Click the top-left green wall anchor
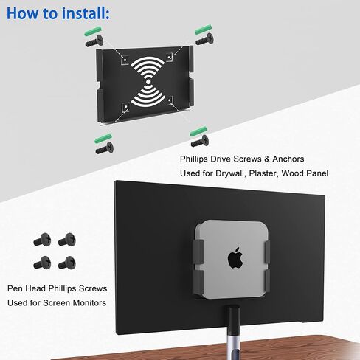pyautogui.click(x=91, y=32)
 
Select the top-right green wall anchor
pyautogui.click(x=204, y=29)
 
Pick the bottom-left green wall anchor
pyautogui.click(x=97, y=136)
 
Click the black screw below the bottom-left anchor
pyautogui.click(x=103, y=148)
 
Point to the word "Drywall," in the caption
pyautogui.click(x=234, y=174)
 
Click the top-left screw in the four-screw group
pyautogui.click(x=41, y=240)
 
